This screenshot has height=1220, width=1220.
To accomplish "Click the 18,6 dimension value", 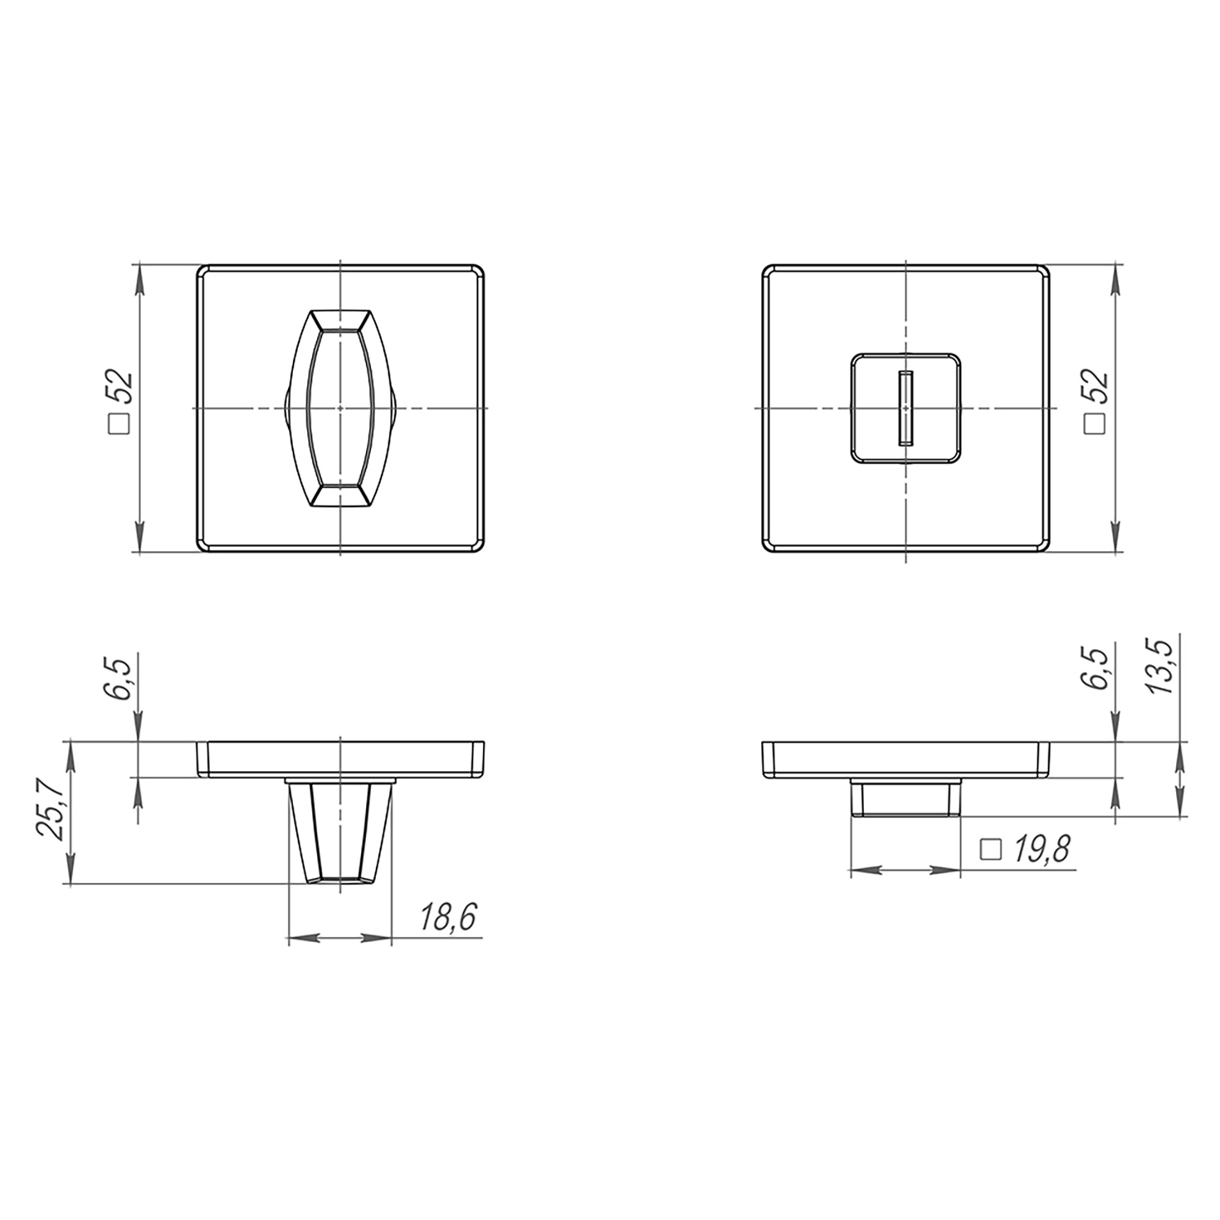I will (449, 919).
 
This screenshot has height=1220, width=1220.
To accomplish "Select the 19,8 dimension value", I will (1041, 850).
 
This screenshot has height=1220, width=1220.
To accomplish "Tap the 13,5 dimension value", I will (1160, 666).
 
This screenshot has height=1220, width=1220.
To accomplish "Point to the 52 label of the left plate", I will (121, 387).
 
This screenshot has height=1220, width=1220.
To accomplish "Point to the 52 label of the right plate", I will (1096, 386).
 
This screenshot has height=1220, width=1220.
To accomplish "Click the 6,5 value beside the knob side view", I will (120, 678).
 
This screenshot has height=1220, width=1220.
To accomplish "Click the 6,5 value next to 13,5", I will (1096, 669).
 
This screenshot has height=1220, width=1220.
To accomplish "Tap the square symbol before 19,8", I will (991, 850).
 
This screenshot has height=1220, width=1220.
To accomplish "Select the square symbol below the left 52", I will (120, 423).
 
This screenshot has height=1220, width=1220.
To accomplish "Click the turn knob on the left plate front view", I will (340, 408).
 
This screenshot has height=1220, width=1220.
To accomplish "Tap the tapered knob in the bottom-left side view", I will (340, 831).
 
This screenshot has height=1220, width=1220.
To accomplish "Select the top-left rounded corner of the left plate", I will (202, 270).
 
